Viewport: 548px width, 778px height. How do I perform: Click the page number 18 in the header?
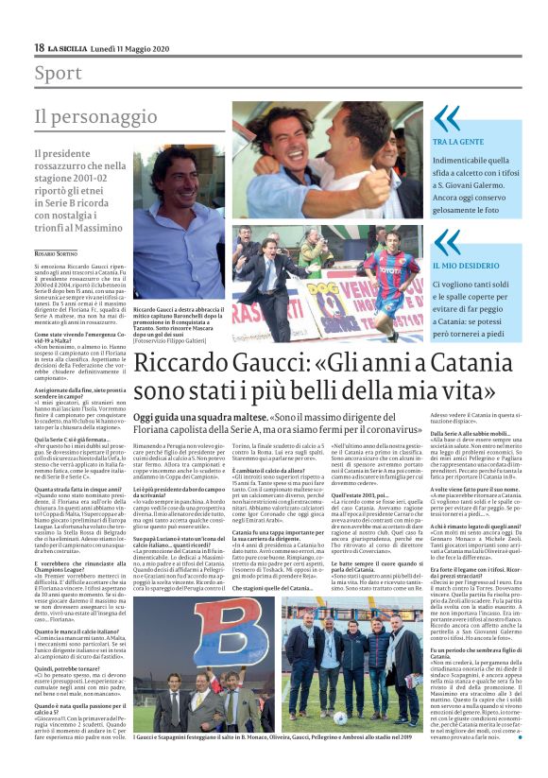(40, 47)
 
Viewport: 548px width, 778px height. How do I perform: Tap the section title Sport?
(58, 73)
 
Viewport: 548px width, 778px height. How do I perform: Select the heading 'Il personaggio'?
(81, 117)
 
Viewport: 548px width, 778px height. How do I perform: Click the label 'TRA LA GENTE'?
(457, 141)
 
